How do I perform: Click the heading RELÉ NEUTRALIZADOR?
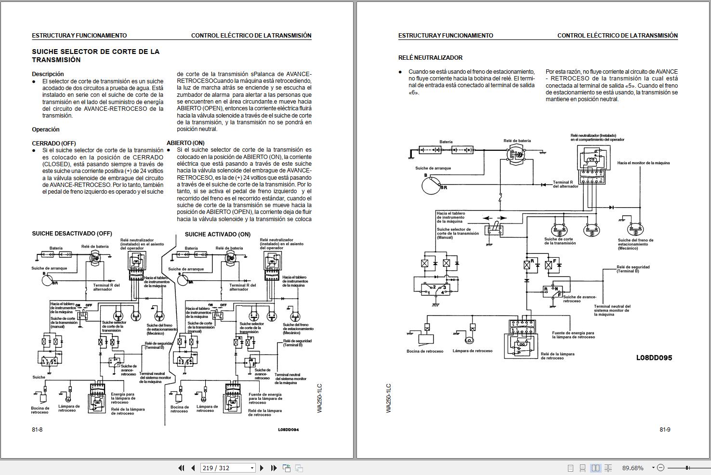(430, 58)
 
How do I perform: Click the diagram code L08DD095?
(654, 357)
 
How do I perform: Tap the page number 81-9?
(665, 430)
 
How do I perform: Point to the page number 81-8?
(37, 430)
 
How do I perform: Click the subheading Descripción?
(48, 74)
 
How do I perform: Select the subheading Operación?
(46, 130)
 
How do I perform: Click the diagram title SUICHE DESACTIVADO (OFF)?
(72, 234)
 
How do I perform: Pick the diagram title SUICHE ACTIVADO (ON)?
(218, 234)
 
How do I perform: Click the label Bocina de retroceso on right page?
(425, 351)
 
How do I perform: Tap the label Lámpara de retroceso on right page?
(472, 351)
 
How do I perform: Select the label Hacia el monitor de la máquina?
(643, 163)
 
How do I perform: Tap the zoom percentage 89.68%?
(632, 468)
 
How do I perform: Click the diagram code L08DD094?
(288, 430)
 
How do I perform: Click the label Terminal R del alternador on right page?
(566, 184)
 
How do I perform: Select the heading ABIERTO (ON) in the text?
(185, 143)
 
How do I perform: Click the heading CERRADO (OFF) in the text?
(54, 143)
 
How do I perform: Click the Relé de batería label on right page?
(517, 141)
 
